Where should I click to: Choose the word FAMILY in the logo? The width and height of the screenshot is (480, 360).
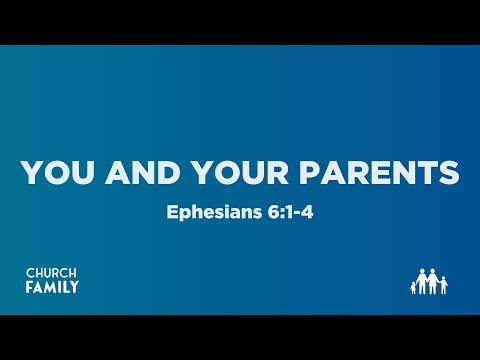(51, 288)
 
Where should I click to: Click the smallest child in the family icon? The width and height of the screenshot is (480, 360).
(413, 288)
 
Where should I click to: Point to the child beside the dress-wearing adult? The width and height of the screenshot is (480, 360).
(443, 287)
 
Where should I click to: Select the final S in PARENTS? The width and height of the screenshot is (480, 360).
(447, 173)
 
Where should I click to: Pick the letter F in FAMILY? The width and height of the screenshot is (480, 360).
(29, 288)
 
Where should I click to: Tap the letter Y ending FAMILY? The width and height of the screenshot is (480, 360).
(74, 288)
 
